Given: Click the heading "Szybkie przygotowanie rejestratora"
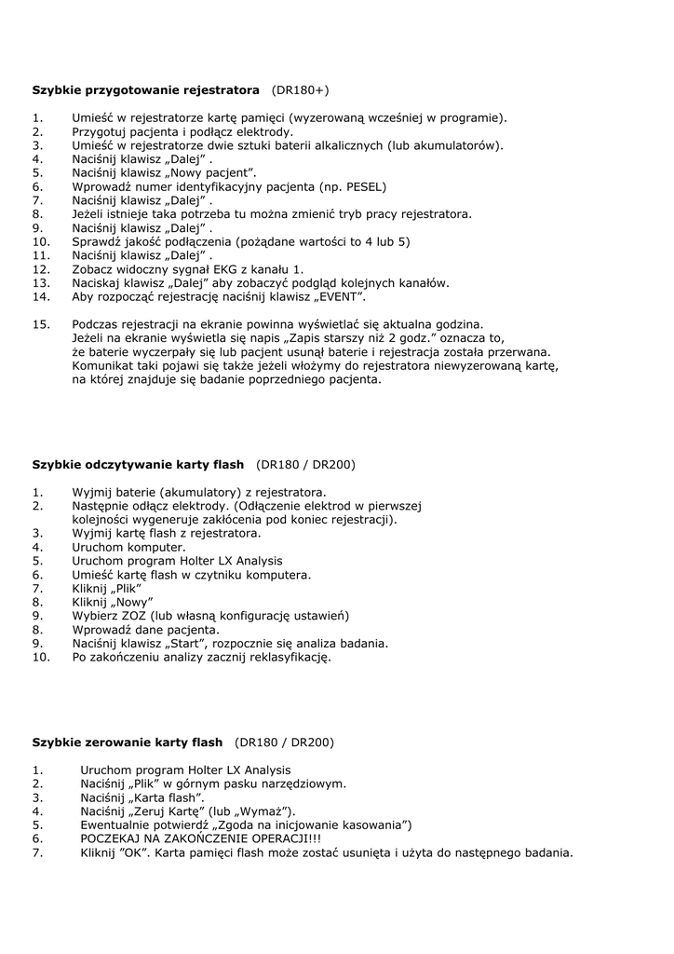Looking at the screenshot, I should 146,90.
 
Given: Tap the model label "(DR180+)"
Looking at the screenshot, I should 300,90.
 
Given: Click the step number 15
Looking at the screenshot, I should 40,323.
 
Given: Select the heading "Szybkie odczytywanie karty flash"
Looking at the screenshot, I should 138,464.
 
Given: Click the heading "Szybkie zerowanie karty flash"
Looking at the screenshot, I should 128,743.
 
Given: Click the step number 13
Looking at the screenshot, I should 40,282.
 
